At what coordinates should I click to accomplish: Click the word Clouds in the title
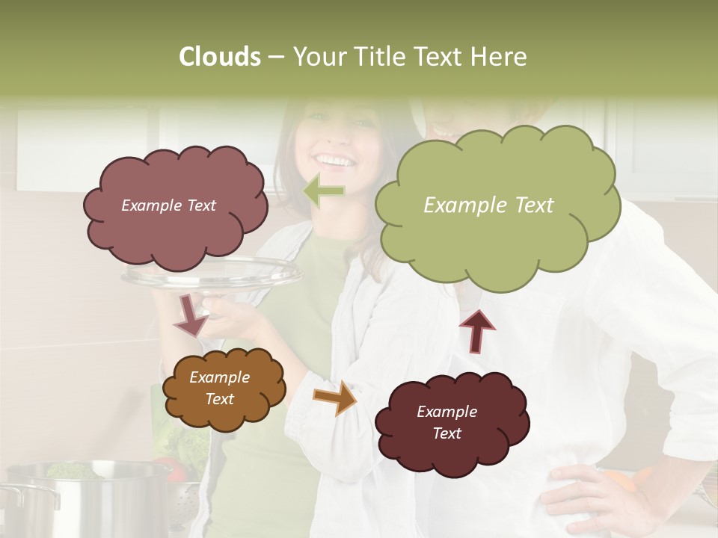220,57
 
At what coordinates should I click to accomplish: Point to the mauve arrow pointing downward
191,315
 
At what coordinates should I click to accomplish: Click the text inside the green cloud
488,205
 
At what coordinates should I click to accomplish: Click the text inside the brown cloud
219,389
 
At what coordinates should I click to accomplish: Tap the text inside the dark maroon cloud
447,422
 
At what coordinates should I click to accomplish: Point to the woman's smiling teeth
334,161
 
